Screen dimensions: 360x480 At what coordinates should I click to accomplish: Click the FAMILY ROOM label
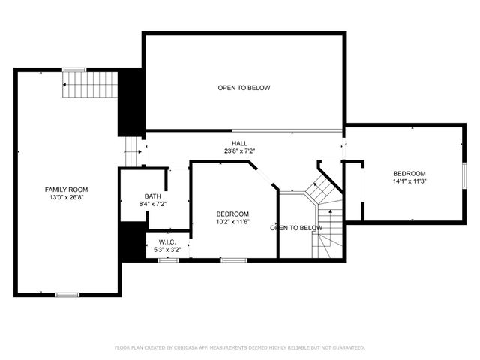67,189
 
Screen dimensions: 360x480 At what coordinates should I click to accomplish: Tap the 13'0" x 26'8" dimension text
67,198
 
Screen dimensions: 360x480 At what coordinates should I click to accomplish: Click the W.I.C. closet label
166,241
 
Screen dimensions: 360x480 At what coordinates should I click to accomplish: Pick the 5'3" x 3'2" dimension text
166,249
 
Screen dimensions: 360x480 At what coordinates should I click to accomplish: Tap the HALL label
239,142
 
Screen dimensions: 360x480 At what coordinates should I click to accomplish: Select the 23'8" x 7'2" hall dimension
239,151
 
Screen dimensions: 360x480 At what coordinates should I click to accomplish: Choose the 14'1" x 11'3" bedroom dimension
409,181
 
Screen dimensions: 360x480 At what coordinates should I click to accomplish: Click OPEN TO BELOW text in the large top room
244,88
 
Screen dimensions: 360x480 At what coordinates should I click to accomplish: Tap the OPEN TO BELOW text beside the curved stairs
296,228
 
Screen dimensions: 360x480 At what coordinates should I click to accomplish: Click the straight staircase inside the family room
90,85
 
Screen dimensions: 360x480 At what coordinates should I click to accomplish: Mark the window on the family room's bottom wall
67,294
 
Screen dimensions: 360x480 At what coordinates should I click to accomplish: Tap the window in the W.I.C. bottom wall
168,259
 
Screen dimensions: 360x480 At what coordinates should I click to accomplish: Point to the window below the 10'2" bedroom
233,259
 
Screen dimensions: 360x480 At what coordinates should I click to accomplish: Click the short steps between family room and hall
133,151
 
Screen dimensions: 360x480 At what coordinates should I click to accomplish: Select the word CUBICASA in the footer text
187,348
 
